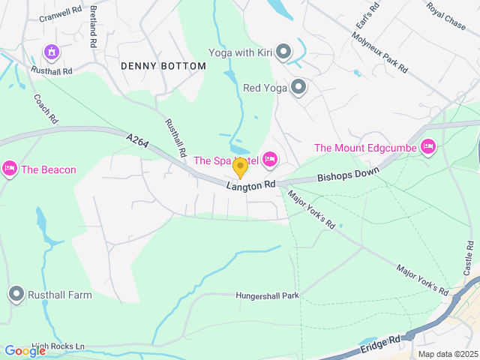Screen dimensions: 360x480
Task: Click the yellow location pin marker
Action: [240, 167]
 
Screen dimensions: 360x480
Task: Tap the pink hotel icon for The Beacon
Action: [10, 169]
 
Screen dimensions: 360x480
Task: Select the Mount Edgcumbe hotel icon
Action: [428, 147]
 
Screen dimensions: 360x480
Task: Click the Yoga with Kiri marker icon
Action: [283, 52]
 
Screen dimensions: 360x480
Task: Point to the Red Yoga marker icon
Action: [298, 88]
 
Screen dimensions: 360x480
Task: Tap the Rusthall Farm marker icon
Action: [16, 295]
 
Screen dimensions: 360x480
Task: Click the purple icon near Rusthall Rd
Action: [52, 52]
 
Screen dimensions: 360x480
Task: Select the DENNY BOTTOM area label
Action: [163, 66]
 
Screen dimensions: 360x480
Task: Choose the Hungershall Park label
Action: [267, 295]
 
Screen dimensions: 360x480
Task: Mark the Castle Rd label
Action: [469, 257]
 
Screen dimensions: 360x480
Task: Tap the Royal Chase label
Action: [445, 15]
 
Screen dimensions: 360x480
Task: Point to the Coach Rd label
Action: [45, 108]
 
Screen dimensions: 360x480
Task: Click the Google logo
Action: [25, 350]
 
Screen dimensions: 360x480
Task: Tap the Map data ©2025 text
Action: [448, 354]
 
